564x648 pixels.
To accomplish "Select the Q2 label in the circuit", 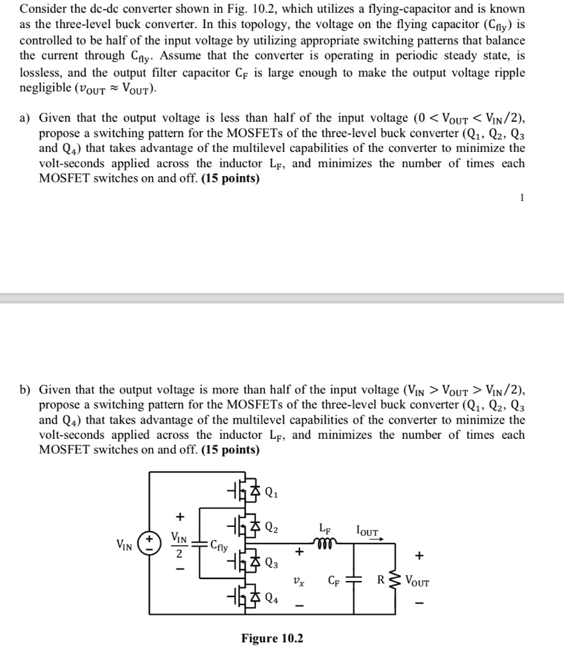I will point(271,527).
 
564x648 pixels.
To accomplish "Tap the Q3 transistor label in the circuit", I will point(271,563).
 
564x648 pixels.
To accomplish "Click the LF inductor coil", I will point(324,541).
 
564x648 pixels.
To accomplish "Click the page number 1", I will point(522,198).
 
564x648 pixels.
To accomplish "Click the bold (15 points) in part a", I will point(231,179).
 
